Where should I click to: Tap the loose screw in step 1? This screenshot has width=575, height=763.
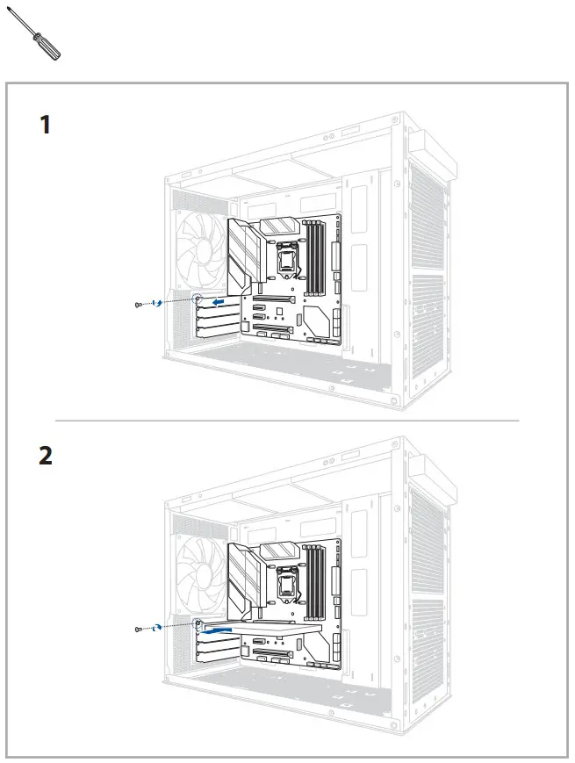(139, 304)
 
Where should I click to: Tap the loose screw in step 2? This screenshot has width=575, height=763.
(139, 629)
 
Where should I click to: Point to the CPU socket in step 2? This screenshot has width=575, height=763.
(287, 580)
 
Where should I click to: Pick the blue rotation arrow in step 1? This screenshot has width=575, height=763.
(158, 303)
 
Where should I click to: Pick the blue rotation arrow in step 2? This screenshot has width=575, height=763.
(158, 628)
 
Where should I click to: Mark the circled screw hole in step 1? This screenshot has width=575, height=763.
(198, 299)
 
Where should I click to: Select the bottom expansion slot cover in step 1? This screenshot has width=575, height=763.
(216, 333)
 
